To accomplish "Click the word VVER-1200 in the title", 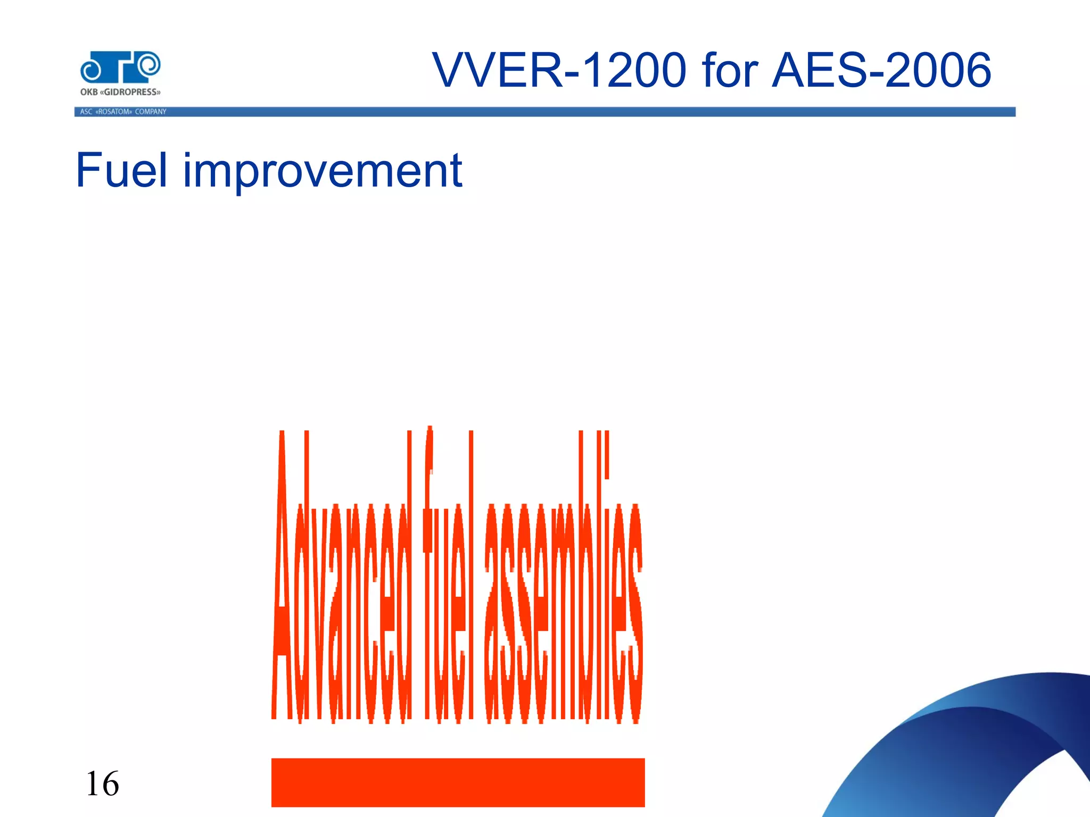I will click(559, 71).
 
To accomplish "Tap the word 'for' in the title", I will click(730, 71).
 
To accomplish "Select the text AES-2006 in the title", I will click(881, 71).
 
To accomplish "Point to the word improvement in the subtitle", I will click(323, 171).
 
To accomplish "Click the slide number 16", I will click(102, 783).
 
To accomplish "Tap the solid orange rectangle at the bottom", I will click(458, 782).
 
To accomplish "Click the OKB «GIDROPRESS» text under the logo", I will click(120, 92).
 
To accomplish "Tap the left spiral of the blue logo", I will click(92, 70).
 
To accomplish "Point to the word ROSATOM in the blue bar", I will click(113, 112).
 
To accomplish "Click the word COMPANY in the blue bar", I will click(151, 112).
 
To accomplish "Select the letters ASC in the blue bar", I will click(86, 112).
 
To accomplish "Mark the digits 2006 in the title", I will click(939, 71).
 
